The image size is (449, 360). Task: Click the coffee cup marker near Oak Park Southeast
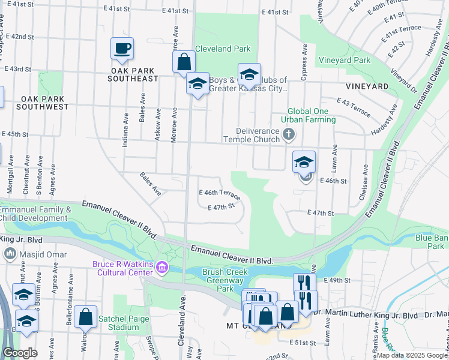point(122,49)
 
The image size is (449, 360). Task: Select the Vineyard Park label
point(344,60)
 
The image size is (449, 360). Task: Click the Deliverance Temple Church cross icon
point(289,133)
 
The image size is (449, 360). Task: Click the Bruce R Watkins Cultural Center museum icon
point(161,266)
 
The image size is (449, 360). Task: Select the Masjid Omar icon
point(10,254)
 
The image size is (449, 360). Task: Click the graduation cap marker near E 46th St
point(304,161)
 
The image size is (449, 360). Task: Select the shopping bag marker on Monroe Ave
point(184,61)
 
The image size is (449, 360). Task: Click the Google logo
point(20,353)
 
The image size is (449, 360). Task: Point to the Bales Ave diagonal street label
point(150,184)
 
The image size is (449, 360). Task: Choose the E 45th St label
point(16,134)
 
